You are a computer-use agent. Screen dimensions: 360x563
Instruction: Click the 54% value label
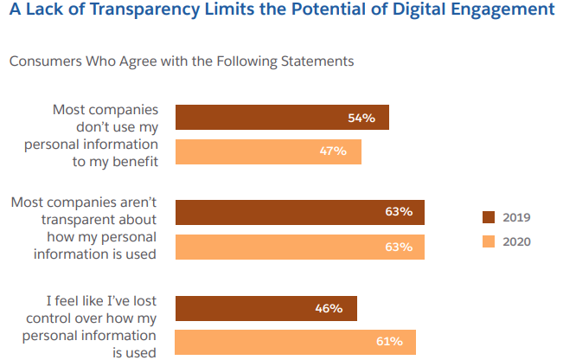[361, 118]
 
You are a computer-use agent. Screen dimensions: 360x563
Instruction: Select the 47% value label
[333, 151]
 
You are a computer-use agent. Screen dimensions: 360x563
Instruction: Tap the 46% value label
[329, 308]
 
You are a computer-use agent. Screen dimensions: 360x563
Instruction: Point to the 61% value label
[388, 342]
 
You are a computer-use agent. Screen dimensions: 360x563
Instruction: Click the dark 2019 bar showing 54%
[259, 118]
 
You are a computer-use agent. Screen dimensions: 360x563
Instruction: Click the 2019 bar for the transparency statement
[277, 212]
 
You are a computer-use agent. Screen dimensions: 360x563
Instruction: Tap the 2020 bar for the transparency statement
[277, 247]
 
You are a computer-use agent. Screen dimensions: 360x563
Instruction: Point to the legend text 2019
[516, 217]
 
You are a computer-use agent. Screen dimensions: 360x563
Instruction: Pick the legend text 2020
[516, 241]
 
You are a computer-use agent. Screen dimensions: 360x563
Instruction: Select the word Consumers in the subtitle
[42, 61]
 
